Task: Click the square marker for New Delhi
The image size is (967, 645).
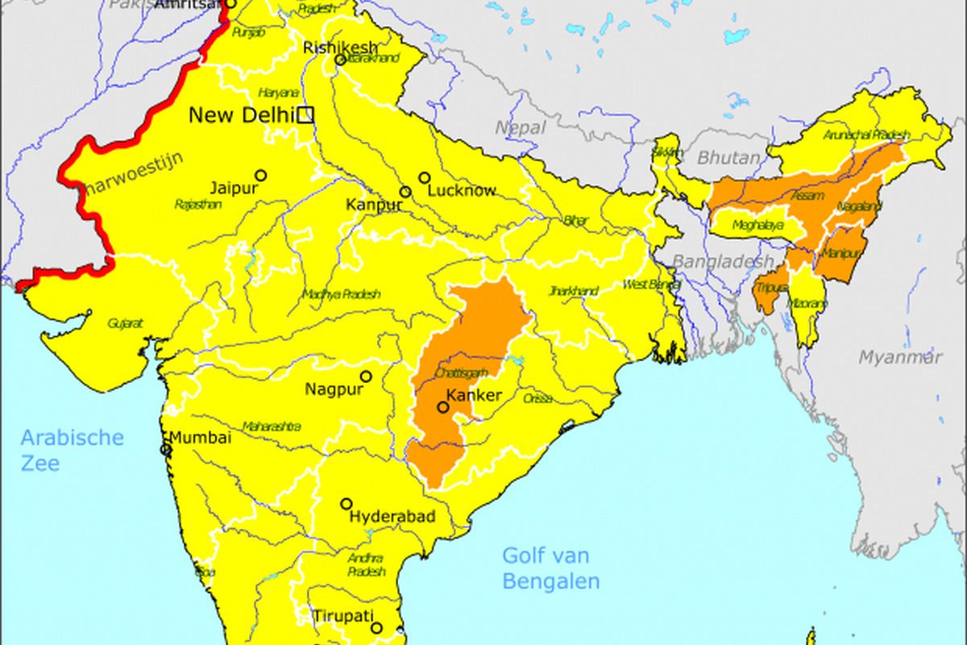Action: click(305, 115)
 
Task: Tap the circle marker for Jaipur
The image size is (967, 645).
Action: click(260, 175)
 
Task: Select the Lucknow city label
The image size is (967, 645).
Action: click(461, 191)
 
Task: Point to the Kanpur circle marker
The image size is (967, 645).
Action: click(405, 192)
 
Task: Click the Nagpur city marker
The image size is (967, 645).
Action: click(366, 376)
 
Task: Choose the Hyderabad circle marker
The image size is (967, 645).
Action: click(347, 503)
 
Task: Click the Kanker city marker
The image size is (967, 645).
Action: click(442, 407)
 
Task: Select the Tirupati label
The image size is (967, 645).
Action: click(344, 616)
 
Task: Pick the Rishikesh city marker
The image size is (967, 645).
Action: click(340, 60)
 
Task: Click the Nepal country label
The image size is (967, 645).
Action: click(520, 127)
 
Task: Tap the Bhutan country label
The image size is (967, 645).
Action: click(728, 158)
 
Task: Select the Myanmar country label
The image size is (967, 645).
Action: click(899, 356)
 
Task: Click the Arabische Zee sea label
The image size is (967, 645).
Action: click(73, 450)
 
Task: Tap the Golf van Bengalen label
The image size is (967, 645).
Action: click(550, 568)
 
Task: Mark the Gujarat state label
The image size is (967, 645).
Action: click(125, 322)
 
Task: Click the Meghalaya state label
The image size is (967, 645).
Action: click(757, 226)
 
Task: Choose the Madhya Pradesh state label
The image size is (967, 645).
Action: click(341, 294)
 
